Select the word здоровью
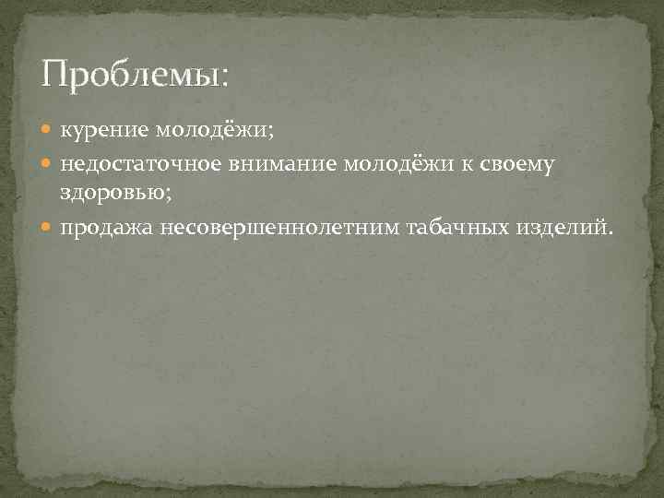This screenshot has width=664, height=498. click(119, 193)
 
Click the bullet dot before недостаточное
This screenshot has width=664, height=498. click(50, 166)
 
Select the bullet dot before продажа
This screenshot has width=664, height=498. click(50, 229)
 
